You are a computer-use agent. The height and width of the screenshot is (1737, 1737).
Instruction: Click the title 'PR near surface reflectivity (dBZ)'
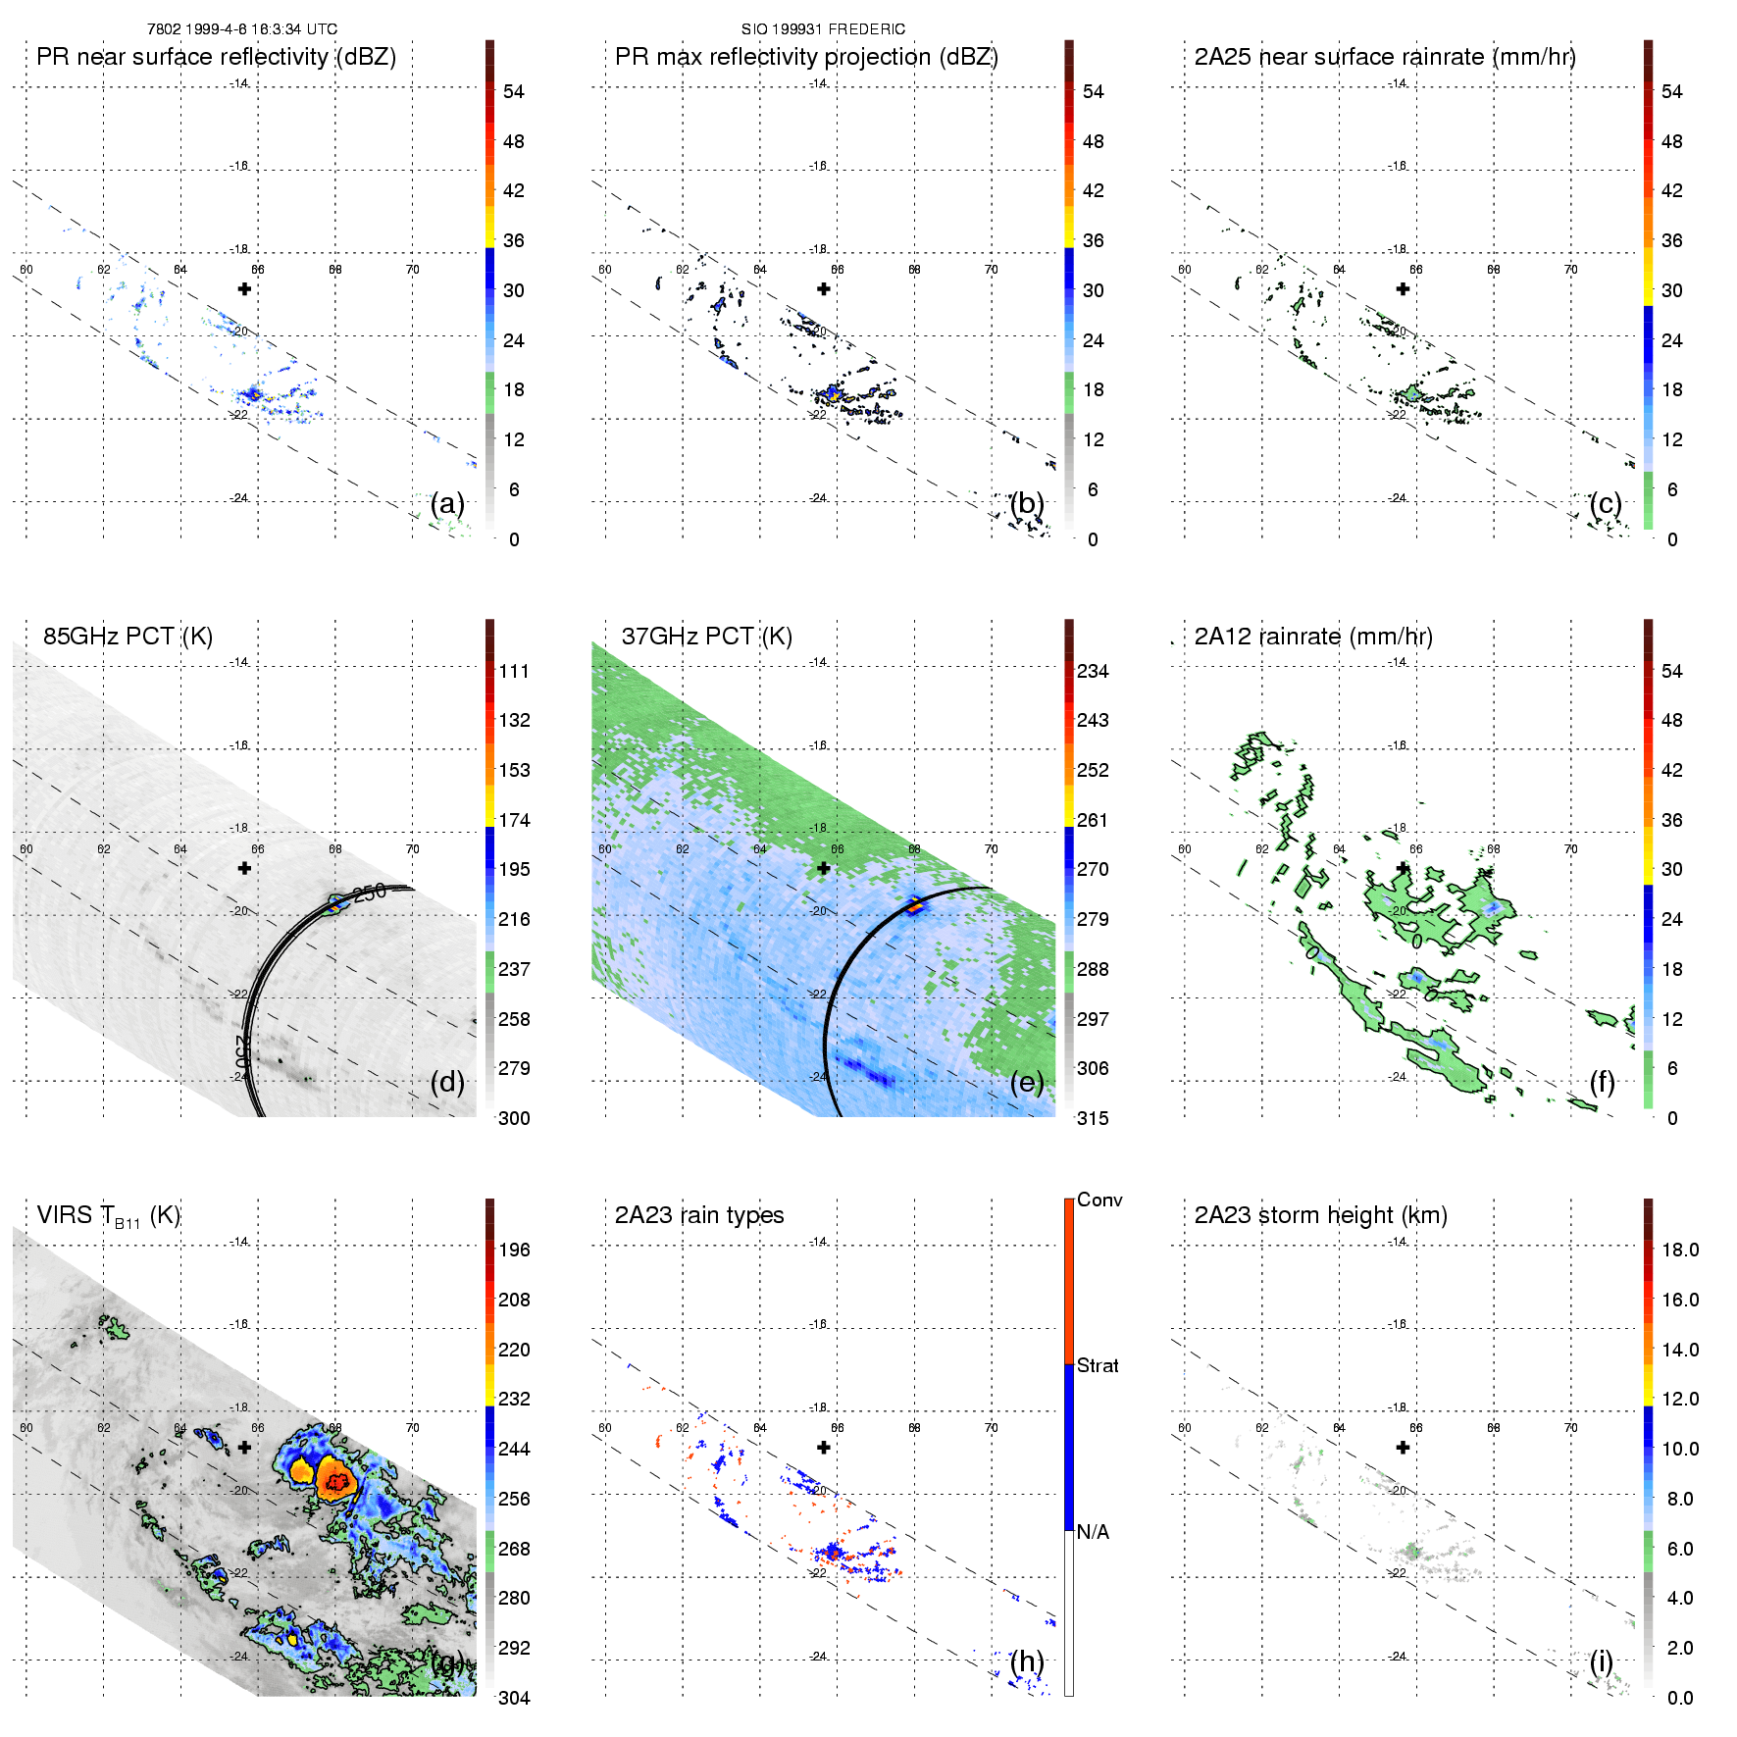tap(216, 57)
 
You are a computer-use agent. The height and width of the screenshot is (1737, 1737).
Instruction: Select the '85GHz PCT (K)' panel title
tap(128, 637)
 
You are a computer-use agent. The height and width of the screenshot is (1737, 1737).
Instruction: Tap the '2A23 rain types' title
tap(699, 1215)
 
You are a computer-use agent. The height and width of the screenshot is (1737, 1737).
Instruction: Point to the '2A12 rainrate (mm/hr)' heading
tap(1313, 637)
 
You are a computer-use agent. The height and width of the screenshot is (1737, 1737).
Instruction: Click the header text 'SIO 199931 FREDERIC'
tap(823, 29)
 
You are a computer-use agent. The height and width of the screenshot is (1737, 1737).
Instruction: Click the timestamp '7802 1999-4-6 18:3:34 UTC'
tap(242, 29)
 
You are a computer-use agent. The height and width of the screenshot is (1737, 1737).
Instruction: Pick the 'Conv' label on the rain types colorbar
tap(1099, 1201)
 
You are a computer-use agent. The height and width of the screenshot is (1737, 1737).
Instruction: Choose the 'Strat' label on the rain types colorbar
tap(1098, 1366)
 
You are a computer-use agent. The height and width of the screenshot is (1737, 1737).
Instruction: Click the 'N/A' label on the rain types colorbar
tap(1093, 1532)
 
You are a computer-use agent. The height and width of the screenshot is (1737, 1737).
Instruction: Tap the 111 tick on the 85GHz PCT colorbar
tap(514, 672)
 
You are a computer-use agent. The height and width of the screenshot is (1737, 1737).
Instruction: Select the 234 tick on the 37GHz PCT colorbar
tap(1093, 672)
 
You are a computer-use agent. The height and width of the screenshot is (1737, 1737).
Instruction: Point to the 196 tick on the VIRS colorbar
tap(514, 1251)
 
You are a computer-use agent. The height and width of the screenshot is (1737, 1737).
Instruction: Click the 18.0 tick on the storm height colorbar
tap(1680, 1251)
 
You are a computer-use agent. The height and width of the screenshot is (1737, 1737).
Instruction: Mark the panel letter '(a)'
tap(447, 504)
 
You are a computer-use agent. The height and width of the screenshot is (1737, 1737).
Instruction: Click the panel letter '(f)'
tap(1603, 1083)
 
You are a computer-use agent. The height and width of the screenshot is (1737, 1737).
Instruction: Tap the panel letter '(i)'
tap(1602, 1661)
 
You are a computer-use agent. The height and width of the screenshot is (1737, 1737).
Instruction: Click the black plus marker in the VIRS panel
tap(244, 1447)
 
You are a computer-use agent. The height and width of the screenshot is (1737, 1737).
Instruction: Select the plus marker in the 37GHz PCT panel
tap(824, 868)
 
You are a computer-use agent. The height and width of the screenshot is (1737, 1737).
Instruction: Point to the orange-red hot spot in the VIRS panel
tap(336, 1481)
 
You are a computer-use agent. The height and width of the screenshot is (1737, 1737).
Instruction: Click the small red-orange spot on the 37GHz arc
tap(915, 905)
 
